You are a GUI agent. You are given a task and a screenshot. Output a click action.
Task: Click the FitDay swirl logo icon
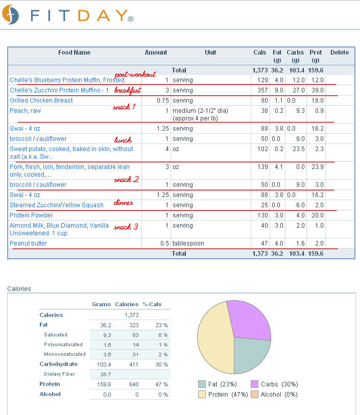pyautogui.click(x=10, y=15)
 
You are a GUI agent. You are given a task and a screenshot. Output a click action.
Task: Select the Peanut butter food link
pyautogui.click(x=28, y=243)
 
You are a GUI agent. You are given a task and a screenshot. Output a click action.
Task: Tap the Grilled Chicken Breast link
pyautogui.click(x=41, y=101)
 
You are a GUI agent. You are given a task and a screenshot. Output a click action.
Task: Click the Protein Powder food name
pyautogui.click(x=31, y=215)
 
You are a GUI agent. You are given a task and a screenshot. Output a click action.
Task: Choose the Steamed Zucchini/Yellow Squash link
pyautogui.click(x=57, y=205)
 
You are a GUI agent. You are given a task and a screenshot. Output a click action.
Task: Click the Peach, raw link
pyautogui.click(x=26, y=111)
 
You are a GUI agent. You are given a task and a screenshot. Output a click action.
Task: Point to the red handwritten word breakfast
pyautogui.click(x=128, y=90)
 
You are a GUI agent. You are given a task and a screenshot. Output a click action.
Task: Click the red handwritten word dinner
pyautogui.click(x=124, y=203)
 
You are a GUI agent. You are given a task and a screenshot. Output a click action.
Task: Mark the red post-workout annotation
pyautogui.click(x=135, y=75)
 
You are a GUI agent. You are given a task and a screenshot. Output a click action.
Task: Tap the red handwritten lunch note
pyautogui.click(x=123, y=140)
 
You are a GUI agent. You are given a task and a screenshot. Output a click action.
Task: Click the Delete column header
pyautogui.click(x=340, y=53)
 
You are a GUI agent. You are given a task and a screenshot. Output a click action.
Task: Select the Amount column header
pyautogui.click(x=156, y=53)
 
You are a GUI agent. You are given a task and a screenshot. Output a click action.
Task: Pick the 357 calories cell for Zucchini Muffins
pyautogui.click(x=262, y=90)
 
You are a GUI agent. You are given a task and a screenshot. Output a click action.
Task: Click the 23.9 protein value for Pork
pyautogui.click(x=318, y=167)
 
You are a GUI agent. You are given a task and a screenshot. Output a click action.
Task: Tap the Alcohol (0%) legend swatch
pyautogui.click(x=254, y=395)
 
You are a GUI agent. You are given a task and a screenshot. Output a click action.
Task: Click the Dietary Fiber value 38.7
pyautogui.click(x=105, y=374)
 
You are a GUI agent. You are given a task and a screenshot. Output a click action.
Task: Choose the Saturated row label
pyautogui.click(x=56, y=335)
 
